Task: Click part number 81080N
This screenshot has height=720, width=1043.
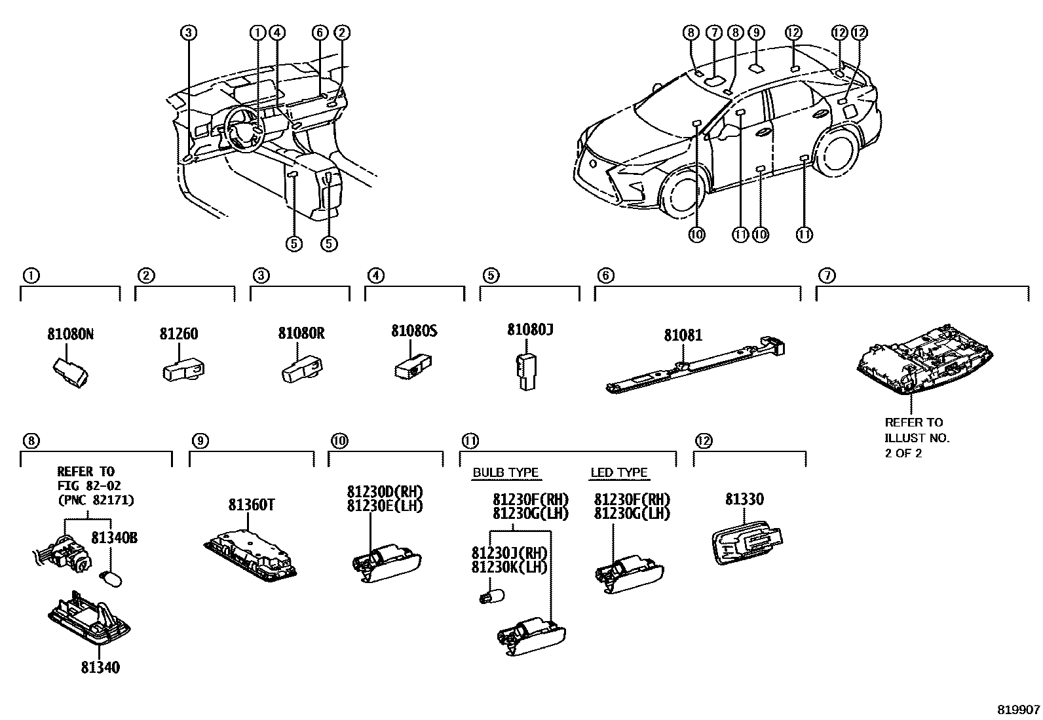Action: (x=70, y=334)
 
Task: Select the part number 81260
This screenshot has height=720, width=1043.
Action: (x=178, y=334)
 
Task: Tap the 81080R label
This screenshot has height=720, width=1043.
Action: (x=301, y=333)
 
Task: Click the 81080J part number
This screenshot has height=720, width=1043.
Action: (x=530, y=330)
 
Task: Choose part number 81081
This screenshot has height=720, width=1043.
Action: (x=683, y=335)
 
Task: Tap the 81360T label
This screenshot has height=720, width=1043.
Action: (x=251, y=505)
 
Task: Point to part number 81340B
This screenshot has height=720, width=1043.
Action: (x=114, y=538)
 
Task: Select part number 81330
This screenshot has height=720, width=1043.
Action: (x=744, y=499)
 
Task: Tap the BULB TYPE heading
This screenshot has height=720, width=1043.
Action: (x=505, y=472)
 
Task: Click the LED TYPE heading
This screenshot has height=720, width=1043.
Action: (x=618, y=472)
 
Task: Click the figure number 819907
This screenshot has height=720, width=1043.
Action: (x=1018, y=710)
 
